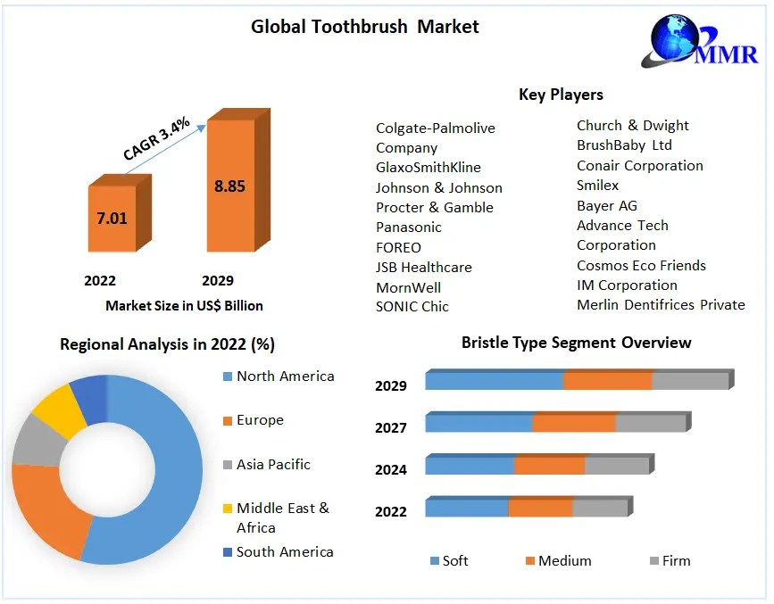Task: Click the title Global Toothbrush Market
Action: click(x=364, y=27)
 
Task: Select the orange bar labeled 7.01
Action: click(x=112, y=218)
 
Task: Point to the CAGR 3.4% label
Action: click(x=156, y=140)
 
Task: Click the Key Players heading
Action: click(x=561, y=95)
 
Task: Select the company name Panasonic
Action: click(x=408, y=228)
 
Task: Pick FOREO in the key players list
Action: click(x=398, y=247)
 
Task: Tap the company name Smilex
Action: click(x=597, y=186)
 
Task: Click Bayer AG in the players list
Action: click(x=606, y=205)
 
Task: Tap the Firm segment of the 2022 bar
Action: click(x=600, y=509)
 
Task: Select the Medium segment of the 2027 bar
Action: click(x=574, y=423)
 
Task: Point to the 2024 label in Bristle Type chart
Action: click(x=391, y=469)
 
